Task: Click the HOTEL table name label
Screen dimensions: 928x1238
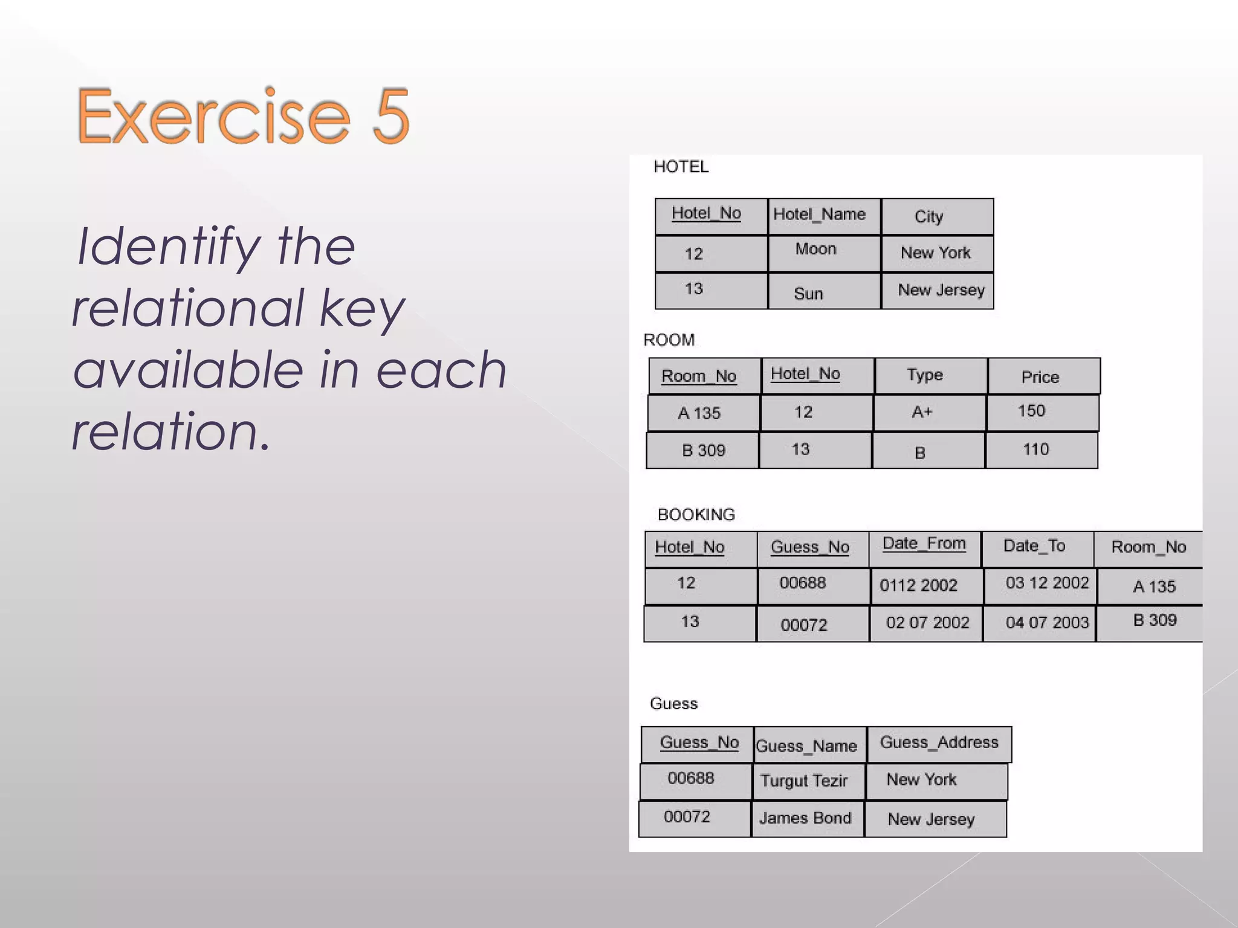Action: coord(681,167)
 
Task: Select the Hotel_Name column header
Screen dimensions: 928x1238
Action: coord(819,214)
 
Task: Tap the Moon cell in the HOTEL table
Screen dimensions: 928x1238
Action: coord(815,249)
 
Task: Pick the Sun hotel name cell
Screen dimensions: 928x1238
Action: coord(808,294)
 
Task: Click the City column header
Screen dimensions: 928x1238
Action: coord(928,216)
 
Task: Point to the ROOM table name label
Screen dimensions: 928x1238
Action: coord(669,340)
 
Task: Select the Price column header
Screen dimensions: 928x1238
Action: coord(1040,377)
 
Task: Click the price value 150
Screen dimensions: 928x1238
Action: coord(1031,411)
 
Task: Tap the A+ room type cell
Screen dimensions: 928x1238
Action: coord(922,412)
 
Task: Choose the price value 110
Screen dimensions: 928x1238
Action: coord(1035,449)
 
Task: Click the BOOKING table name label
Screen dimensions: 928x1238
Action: coord(696,515)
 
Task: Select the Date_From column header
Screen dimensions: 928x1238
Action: coord(924,544)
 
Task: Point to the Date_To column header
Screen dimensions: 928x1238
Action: coord(1034,546)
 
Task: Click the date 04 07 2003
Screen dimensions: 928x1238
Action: coord(1046,622)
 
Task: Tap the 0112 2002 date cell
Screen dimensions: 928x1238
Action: coord(918,585)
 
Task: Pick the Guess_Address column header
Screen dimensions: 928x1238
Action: coord(939,743)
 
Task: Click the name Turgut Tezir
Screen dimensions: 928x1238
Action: coord(804,781)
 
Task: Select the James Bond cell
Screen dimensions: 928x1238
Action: coord(805,818)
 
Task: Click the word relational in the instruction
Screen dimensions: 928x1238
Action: coord(187,308)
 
